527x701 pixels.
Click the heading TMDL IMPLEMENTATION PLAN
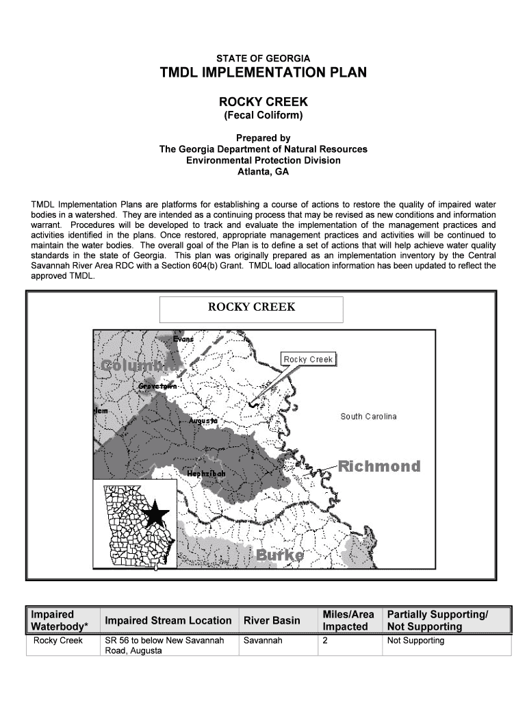(x=263, y=73)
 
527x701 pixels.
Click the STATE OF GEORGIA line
(x=263, y=58)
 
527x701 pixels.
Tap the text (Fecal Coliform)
(x=263, y=116)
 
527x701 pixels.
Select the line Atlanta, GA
(x=263, y=172)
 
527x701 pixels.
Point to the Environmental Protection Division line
(x=263, y=160)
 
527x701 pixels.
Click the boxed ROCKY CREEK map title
(x=251, y=307)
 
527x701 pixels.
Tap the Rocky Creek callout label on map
(x=308, y=359)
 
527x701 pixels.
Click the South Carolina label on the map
(x=368, y=417)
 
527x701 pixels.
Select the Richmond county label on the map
(x=379, y=467)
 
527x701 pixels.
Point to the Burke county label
(x=280, y=555)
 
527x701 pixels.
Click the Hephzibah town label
(x=206, y=474)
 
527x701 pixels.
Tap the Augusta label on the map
(x=205, y=420)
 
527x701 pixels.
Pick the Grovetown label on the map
(x=157, y=387)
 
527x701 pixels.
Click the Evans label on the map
(x=183, y=339)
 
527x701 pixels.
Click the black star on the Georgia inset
(x=156, y=513)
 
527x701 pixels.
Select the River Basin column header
(x=272, y=620)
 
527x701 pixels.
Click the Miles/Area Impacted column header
(x=348, y=620)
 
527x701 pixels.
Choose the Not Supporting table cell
(x=415, y=641)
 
